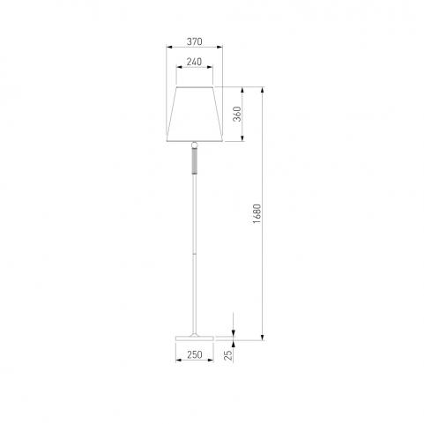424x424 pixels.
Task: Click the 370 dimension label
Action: point(195,41)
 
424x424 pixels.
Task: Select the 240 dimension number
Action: point(194,62)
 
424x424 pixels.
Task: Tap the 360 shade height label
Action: point(237,114)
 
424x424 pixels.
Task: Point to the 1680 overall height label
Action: point(257,213)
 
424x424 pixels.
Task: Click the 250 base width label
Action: point(195,354)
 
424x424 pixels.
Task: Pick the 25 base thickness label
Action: point(228,355)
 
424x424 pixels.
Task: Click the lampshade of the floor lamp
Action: point(195,115)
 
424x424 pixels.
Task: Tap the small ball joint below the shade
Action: point(194,145)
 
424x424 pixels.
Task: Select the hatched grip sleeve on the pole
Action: point(194,160)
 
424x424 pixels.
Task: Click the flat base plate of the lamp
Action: point(195,338)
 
